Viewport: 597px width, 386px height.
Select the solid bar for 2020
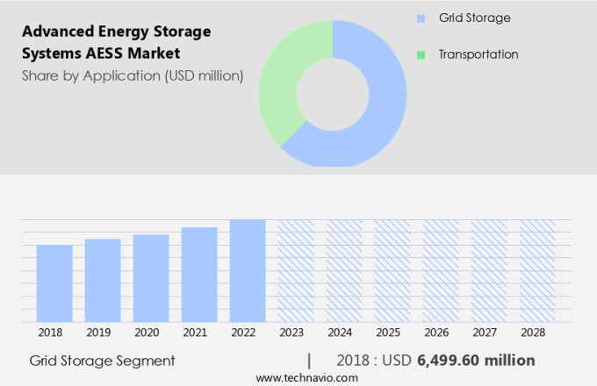click(x=151, y=278)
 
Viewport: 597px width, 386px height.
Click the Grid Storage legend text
click(x=474, y=18)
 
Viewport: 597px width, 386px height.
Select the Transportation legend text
click(x=478, y=54)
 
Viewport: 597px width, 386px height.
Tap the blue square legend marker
click(x=421, y=18)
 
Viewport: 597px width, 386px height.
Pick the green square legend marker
click(x=421, y=54)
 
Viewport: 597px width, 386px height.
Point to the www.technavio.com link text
click(x=307, y=377)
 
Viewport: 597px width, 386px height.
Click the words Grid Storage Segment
click(x=102, y=361)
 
